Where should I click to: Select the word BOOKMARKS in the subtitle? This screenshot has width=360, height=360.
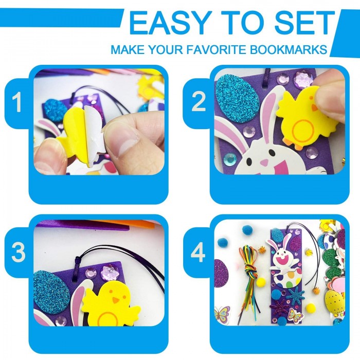pyautogui.click(x=289, y=49)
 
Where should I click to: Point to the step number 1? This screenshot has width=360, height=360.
pyautogui.click(x=16, y=103)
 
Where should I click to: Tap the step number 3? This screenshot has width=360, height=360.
pyautogui.click(x=19, y=253)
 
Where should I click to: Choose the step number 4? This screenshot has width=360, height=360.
pyautogui.click(x=198, y=253)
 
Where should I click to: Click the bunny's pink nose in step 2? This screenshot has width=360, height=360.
pyautogui.click(x=264, y=163)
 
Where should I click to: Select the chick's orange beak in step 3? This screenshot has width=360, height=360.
pyautogui.click(x=116, y=300)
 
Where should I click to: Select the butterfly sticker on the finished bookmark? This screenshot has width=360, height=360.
pyautogui.click(x=295, y=315)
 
